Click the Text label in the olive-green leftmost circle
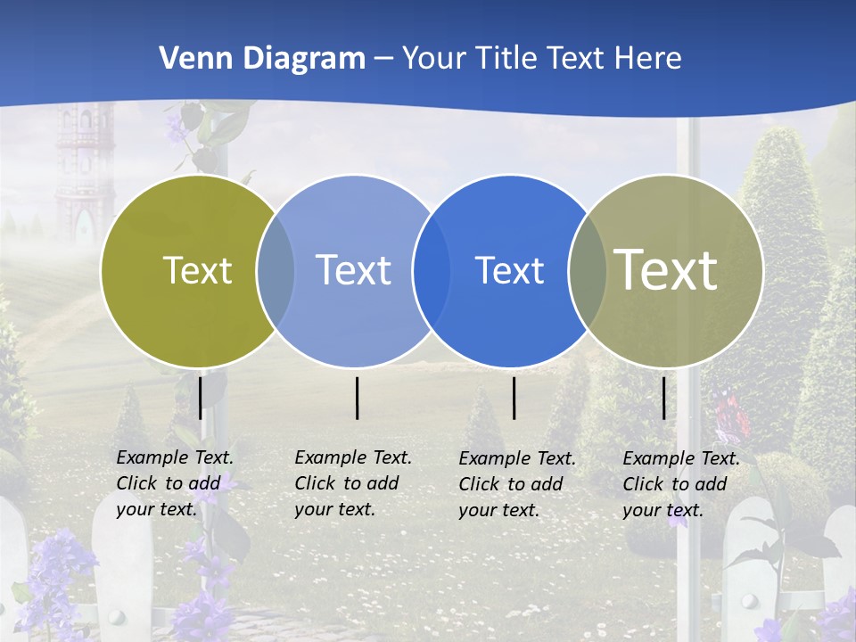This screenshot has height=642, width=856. (197, 270)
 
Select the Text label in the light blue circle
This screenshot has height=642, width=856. (354, 270)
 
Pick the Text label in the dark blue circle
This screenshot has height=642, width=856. (509, 271)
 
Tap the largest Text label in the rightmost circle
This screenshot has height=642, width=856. (666, 269)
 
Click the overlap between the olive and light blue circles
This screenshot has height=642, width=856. (276, 271)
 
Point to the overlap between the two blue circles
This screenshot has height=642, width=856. (432, 271)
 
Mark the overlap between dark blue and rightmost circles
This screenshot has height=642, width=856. (588, 271)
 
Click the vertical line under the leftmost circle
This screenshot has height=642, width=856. (201, 398)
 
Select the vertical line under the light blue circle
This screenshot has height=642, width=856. (357, 398)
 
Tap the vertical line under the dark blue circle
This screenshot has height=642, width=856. (514, 398)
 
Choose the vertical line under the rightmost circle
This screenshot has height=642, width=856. (664, 398)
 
